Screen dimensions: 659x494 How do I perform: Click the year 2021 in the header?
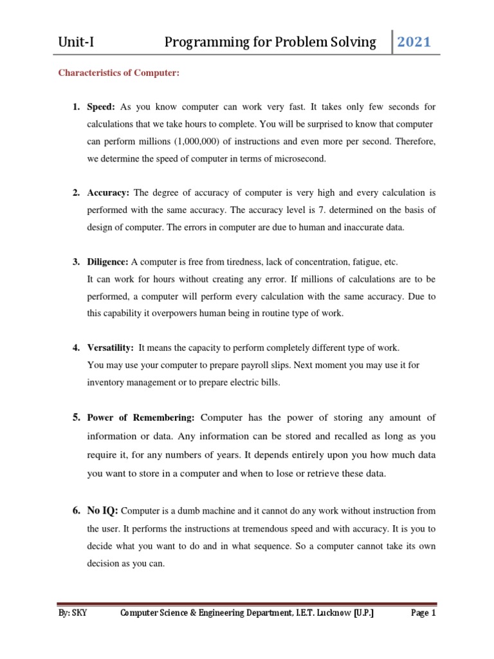point(414,42)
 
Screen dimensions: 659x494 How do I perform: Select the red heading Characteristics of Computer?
point(118,73)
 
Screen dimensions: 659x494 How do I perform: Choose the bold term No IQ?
point(103,510)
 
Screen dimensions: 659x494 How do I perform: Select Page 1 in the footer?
point(423,614)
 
